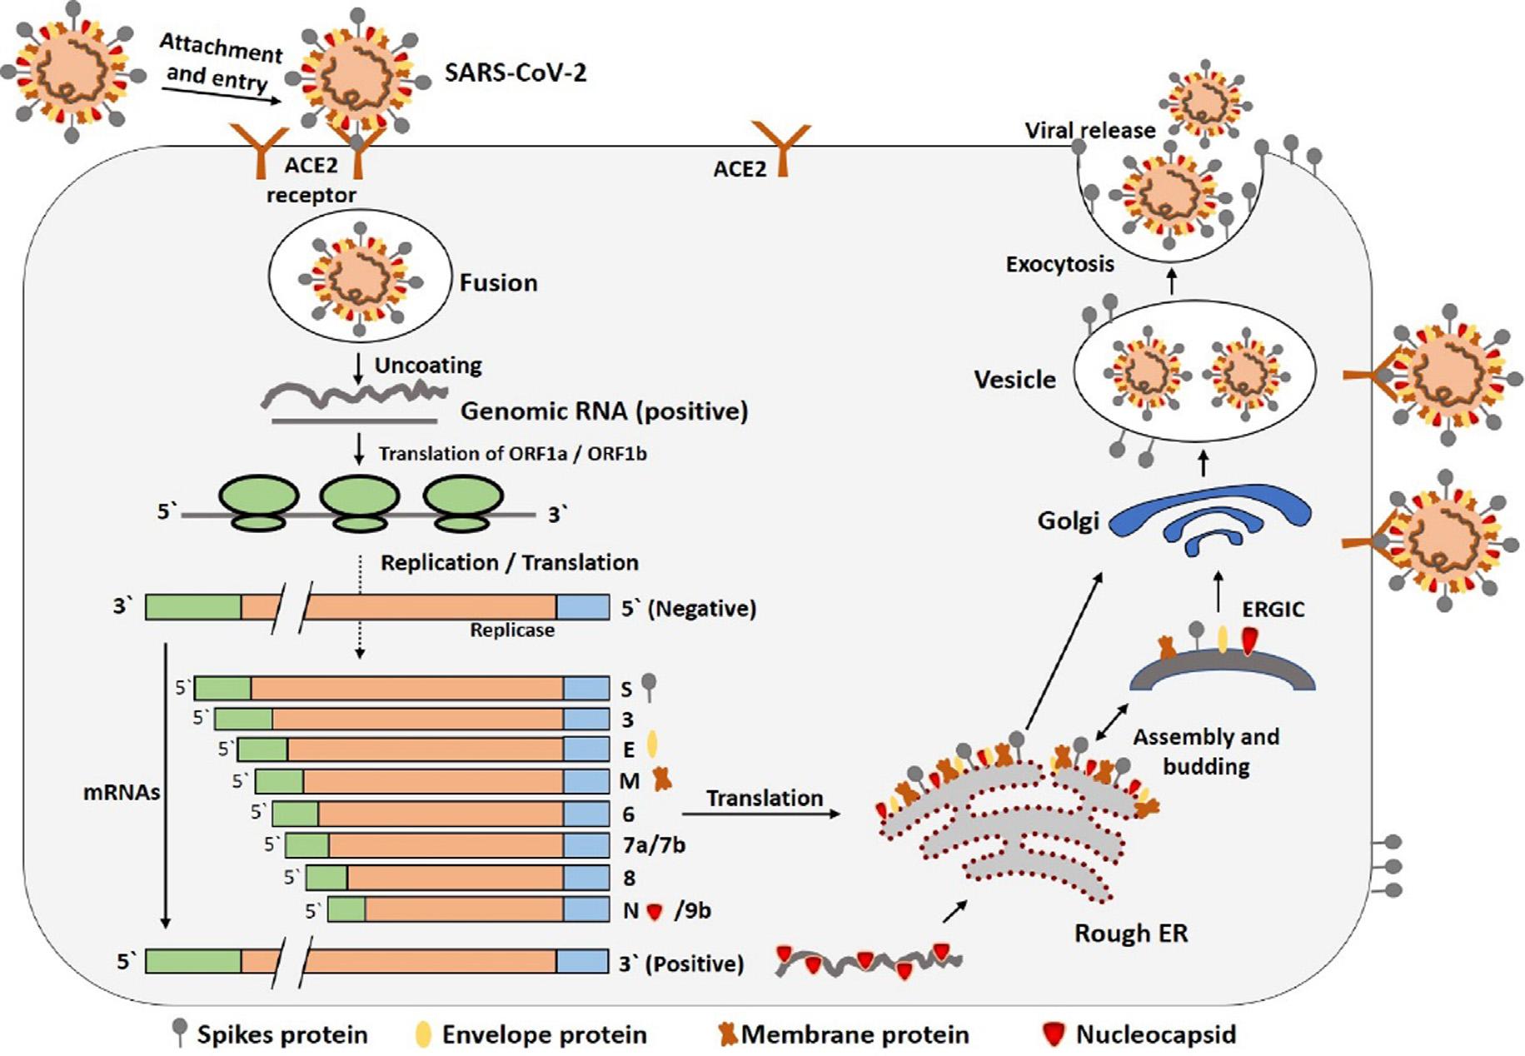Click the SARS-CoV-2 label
[516, 72]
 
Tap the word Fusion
[499, 282]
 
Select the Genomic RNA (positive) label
[605, 411]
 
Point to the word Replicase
[512, 630]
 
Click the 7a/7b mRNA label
[654, 845]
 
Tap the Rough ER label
[1131, 934]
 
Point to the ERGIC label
[1273, 610]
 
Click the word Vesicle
[1014, 380]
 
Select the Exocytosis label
[1059, 264]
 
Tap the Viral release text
[1090, 131]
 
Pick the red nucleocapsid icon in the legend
[1054, 1034]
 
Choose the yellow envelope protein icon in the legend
[423, 1034]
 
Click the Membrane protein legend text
[855, 1034]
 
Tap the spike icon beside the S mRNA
[650, 687]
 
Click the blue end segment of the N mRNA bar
[586, 909]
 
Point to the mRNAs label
[122, 792]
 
